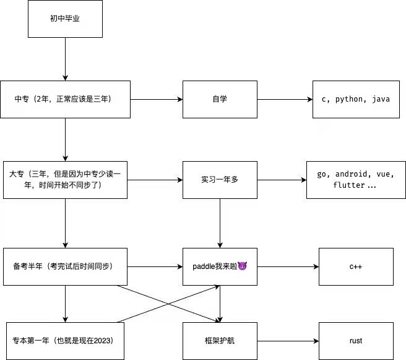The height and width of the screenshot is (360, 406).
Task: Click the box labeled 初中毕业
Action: click(x=65, y=18)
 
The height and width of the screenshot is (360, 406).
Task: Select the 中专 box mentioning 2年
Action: click(x=65, y=99)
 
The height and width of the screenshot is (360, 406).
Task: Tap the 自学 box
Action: click(x=220, y=99)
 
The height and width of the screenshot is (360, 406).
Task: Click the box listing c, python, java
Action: click(x=352, y=99)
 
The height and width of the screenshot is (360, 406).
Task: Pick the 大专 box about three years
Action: click(x=65, y=180)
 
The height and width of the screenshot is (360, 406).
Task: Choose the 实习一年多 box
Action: click(x=220, y=180)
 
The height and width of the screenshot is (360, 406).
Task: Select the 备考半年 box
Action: click(x=65, y=266)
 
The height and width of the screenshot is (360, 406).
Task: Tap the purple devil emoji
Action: click(x=242, y=266)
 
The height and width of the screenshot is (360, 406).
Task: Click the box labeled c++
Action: click(x=356, y=266)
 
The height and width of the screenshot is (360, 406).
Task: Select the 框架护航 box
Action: click(x=220, y=341)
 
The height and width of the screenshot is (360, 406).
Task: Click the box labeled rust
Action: click(x=356, y=341)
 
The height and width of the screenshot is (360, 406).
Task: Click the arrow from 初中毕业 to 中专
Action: click(x=65, y=59)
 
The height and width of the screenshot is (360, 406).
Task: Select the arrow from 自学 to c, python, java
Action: click(x=285, y=99)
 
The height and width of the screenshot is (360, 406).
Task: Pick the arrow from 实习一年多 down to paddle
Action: click(x=220, y=223)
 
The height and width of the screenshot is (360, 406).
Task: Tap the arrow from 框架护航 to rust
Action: click(x=288, y=341)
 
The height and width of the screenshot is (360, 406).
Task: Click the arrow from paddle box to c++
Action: click(x=288, y=266)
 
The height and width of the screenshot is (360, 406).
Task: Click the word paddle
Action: click(x=204, y=266)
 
